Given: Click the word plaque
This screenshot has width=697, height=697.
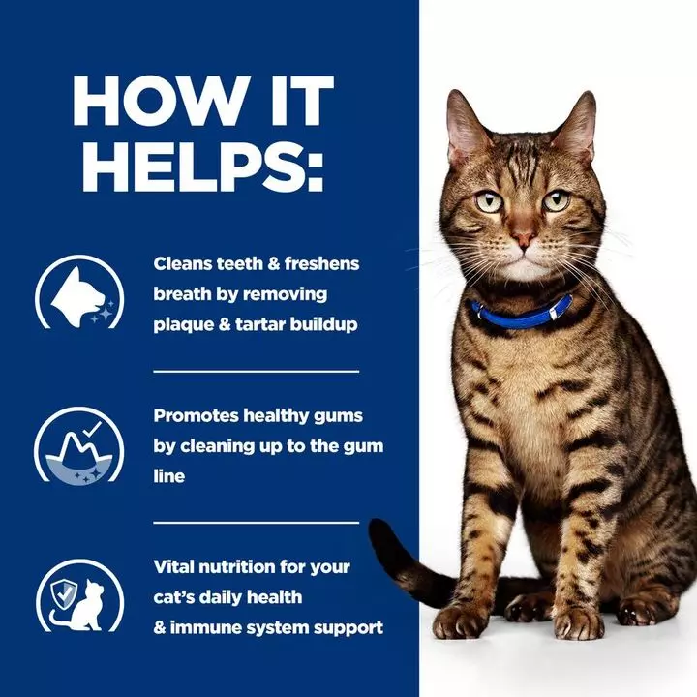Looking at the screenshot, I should [x=182, y=323].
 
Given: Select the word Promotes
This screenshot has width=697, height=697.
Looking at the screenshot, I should [x=194, y=415].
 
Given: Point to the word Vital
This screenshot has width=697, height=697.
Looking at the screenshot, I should [x=176, y=566].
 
